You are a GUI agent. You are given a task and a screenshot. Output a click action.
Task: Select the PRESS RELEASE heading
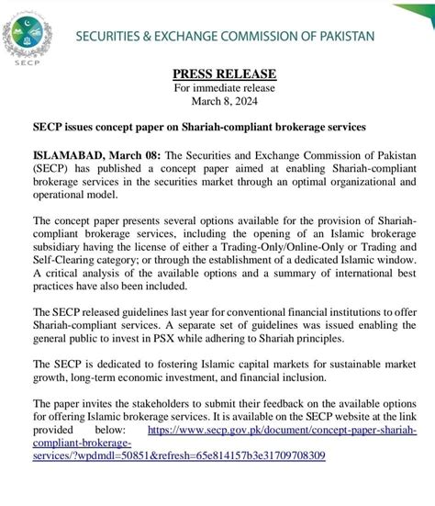pyautogui.click(x=217, y=73)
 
